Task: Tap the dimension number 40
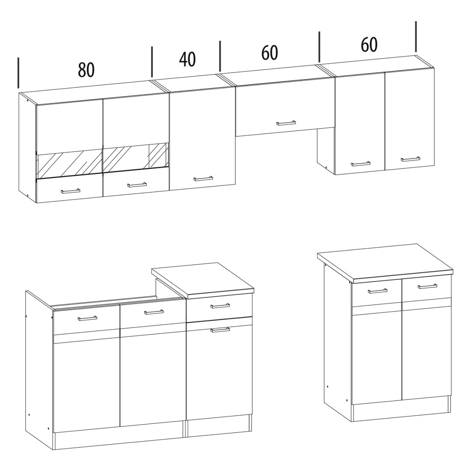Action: [188, 59]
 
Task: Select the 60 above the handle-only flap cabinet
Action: [270, 53]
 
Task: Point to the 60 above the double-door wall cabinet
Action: [369, 45]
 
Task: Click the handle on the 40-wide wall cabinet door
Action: [203, 179]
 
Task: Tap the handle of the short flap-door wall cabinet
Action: [286, 123]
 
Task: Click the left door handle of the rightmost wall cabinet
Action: [361, 164]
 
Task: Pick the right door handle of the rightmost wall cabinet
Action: [411, 159]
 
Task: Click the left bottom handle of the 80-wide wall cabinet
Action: [70, 191]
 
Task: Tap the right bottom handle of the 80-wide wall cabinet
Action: [137, 185]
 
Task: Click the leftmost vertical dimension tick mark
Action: [18, 73]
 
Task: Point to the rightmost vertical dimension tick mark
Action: [416, 37]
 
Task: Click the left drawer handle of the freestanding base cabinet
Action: [378, 291]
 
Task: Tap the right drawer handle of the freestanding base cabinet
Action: [427, 286]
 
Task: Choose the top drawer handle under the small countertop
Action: [220, 306]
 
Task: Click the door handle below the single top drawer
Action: [220, 330]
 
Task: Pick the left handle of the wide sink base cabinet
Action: [87, 318]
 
